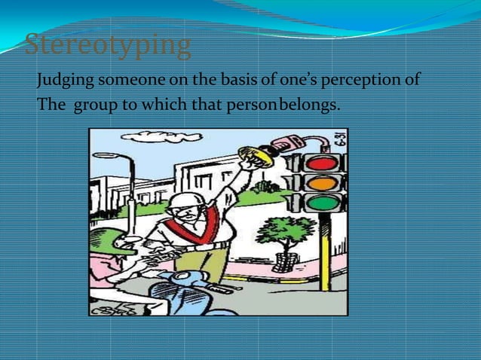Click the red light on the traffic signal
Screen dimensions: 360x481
pyautogui.click(x=321, y=163)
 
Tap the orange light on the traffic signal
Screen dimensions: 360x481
pyautogui.click(x=321, y=183)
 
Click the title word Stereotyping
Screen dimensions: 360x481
pyautogui.click(x=108, y=45)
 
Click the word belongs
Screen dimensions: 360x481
pyautogui.click(x=309, y=103)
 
